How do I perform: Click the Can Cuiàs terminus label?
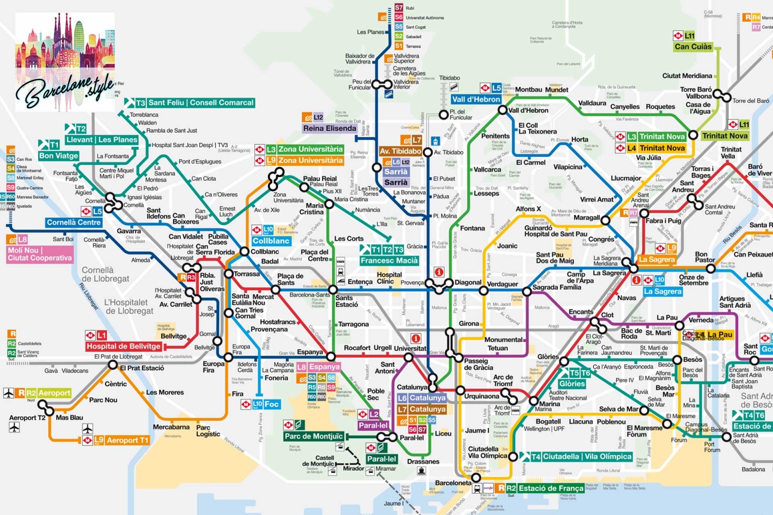[x=693, y=47]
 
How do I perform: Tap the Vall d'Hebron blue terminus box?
[x=476, y=99]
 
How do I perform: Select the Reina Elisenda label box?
[x=330, y=128]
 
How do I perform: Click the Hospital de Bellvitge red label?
[x=123, y=346]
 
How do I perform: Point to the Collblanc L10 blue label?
[x=271, y=241]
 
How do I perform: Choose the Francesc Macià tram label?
[x=389, y=261]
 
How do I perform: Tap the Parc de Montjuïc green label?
[x=314, y=436]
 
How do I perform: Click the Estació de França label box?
[x=551, y=488]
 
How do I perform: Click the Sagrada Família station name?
[x=556, y=287]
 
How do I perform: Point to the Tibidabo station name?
[x=449, y=78]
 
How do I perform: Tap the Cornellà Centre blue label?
[x=74, y=222]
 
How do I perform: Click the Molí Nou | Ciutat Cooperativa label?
[x=40, y=254]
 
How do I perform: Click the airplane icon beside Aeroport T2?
[x=14, y=427]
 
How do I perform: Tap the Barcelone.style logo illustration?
[x=65, y=60]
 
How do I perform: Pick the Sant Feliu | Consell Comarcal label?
[x=200, y=103]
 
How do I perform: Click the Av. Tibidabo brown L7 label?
[x=401, y=151]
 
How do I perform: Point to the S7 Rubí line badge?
[x=399, y=8]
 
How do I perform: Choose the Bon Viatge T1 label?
[x=58, y=156]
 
